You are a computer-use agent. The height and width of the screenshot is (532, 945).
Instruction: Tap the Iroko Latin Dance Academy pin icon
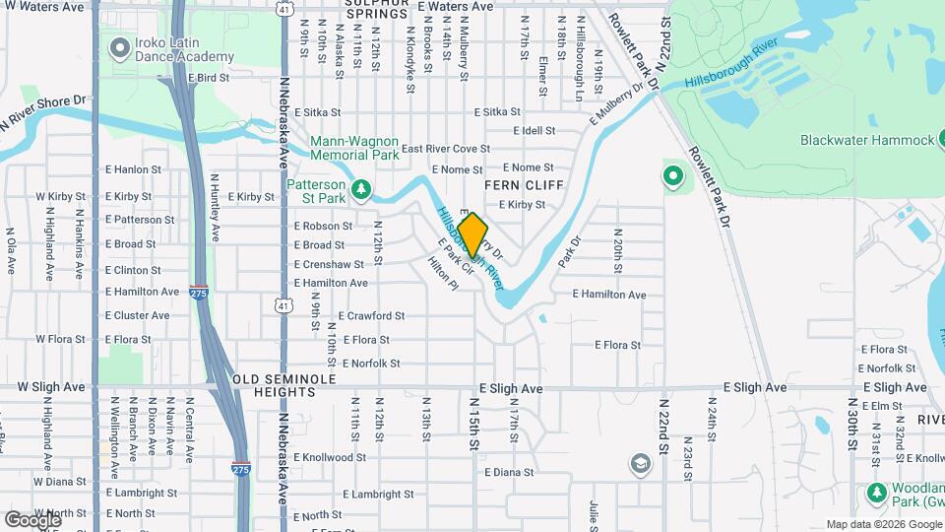click(x=120, y=47)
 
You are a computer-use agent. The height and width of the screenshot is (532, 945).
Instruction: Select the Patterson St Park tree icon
click(x=362, y=187)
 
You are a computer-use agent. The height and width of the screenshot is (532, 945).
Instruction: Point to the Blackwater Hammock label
click(x=866, y=140)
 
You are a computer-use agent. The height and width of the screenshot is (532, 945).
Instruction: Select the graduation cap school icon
click(x=640, y=463)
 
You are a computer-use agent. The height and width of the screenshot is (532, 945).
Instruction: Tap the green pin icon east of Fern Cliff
click(x=673, y=176)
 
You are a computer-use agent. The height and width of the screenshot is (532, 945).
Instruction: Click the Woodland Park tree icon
click(x=876, y=492)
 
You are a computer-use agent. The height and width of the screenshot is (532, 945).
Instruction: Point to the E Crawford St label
click(x=371, y=316)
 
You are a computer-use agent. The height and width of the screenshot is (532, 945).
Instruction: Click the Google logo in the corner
click(x=32, y=518)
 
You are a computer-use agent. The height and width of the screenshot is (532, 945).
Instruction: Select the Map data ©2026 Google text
click(x=883, y=524)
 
